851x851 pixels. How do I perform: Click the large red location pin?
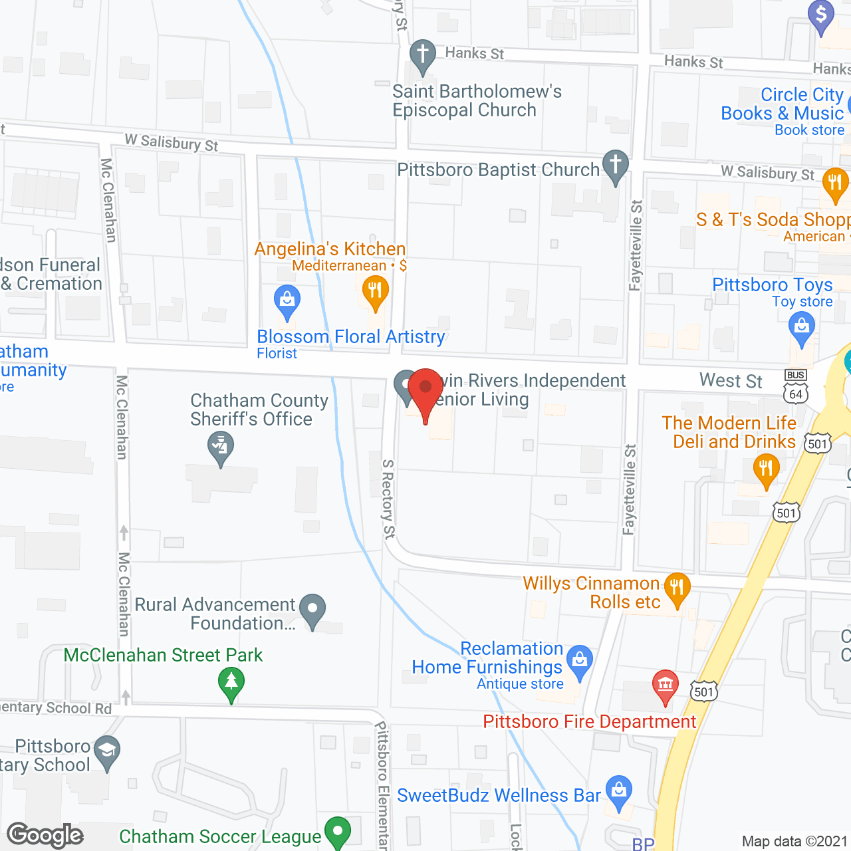coord(425,391)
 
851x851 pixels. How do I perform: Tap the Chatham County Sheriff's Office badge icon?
coord(220,447)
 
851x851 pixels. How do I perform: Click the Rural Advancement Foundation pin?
coord(312,609)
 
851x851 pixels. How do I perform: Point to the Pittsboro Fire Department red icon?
coord(665,685)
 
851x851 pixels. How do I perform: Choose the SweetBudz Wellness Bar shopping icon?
coord(619,791)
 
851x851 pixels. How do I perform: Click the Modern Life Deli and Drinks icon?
coord(766,469)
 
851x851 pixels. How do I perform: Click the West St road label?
coord(731,381)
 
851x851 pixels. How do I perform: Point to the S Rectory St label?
coord(388,498)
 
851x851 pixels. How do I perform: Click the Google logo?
coord(45,835)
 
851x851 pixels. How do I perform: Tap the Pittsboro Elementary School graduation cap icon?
coord(106,751)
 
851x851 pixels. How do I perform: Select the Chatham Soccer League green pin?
coord(338,831)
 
